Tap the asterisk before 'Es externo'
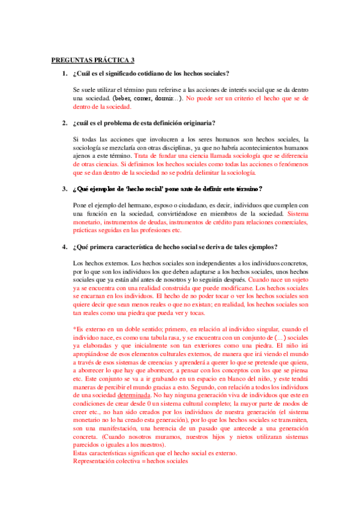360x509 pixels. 74,329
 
